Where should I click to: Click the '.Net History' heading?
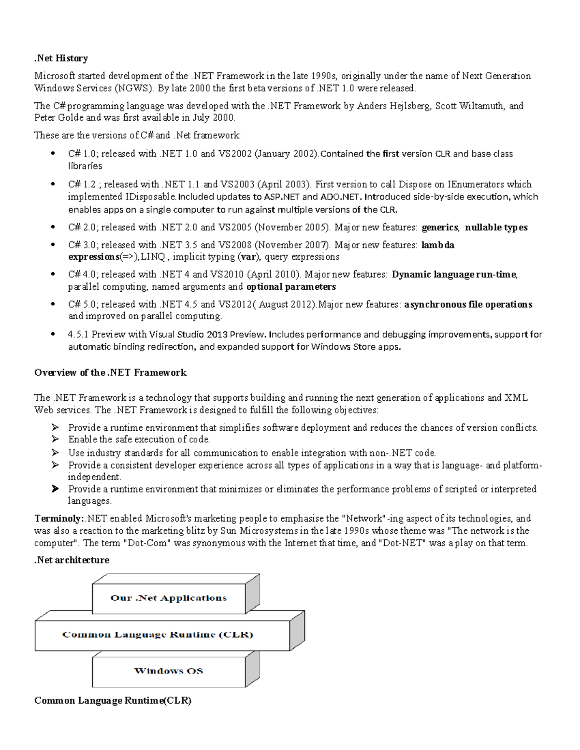point(61,58)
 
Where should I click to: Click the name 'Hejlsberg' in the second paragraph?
point(409,106)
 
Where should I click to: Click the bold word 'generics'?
point(440,227)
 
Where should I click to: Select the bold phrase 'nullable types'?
point(496,227)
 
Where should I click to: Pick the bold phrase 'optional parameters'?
point(291,287)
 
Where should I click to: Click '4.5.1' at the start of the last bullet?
point(78,334)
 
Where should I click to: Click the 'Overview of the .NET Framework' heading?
point(110,372)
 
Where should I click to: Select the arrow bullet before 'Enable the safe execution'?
point(55,439)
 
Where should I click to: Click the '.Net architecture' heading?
point(72,560)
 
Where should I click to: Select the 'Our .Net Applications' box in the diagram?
point(168,598)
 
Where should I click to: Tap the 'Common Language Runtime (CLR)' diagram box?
point(158,635)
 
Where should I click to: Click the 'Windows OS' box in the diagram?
point(168,671)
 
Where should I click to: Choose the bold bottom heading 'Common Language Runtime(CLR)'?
point(113,701)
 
